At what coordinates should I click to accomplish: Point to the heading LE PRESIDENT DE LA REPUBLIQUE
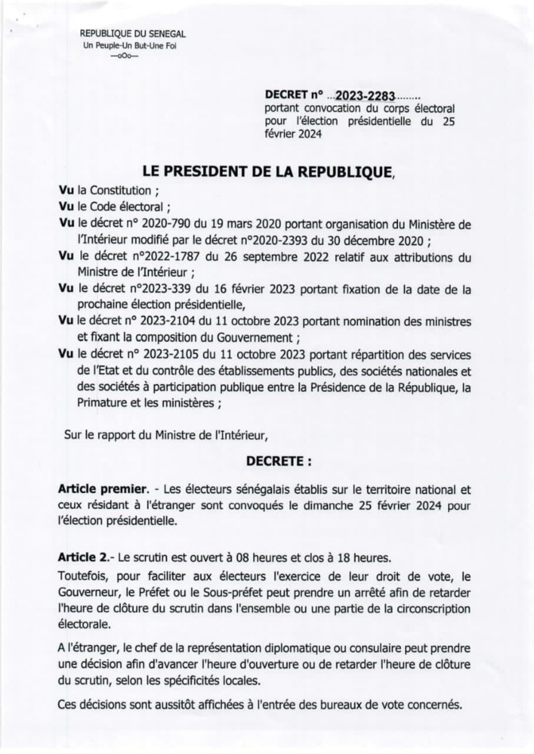coord(267,170)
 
